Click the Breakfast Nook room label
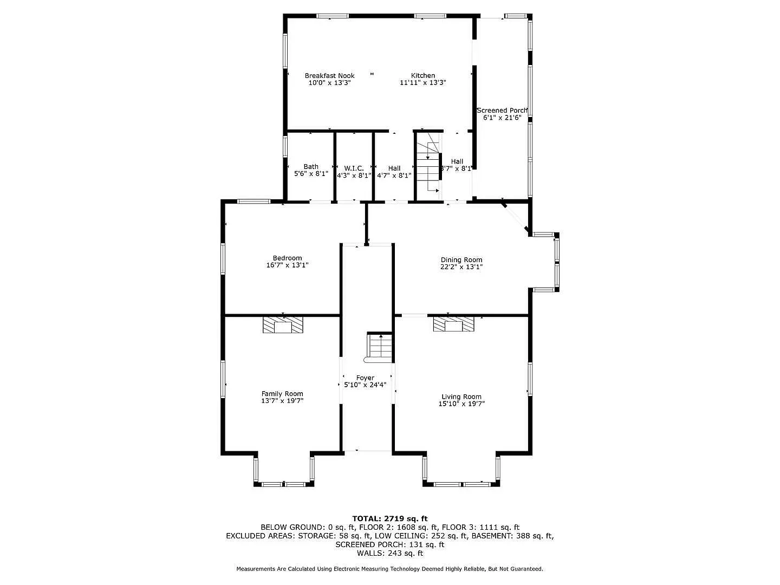coord(329,76)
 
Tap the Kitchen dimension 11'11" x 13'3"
coord(422,83)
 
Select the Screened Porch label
coord(502,110)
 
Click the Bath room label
coord(311,167)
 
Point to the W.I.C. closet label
coord(354,168)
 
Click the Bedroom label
coord(287,258)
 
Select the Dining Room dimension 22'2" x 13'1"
coord(461,267)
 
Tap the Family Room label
coord(282,394)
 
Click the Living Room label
coord(461,396)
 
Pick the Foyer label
coord(365,378)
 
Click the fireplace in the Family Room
coord(283,325)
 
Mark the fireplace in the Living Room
coord(453,324)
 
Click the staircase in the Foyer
coord(380,347)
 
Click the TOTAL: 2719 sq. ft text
coord(389,518)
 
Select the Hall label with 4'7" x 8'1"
coord(394,168)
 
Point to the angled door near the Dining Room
coord(515,218)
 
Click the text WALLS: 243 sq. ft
coord(389,553)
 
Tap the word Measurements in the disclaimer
coord(258,569)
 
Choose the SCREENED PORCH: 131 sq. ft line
coord(389,544)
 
